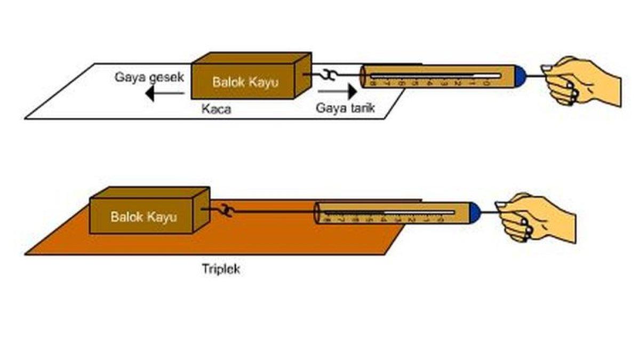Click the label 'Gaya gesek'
point(149,77)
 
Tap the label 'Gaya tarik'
point(346,108)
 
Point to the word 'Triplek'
point(221,269)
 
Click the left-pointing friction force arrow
point(165,94)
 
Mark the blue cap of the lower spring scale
point(475,212)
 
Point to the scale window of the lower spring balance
point(389,213)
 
